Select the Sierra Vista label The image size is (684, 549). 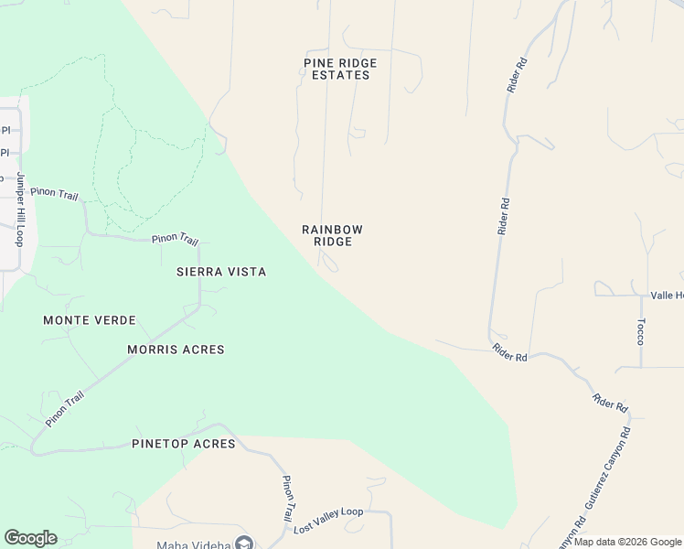click(221, 272)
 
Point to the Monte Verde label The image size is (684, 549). click(90, 320)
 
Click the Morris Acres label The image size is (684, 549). click(176, 350)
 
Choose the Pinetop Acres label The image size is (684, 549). click(184, 444)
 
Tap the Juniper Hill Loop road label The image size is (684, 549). click(19, 210)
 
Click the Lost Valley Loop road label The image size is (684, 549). click(328, 519)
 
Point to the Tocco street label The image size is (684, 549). click(640, 331)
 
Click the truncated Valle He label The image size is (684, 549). click(667, 296)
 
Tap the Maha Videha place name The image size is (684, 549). click(191, 544)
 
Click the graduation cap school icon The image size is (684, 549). click(244, 544)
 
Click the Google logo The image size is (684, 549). click(30, 538)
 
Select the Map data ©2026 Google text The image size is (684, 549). click(627, 543)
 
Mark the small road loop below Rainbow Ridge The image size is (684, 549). click(329, 264)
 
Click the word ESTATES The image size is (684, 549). click(340, 75)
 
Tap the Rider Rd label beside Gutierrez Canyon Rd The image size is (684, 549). click(610, 401)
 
